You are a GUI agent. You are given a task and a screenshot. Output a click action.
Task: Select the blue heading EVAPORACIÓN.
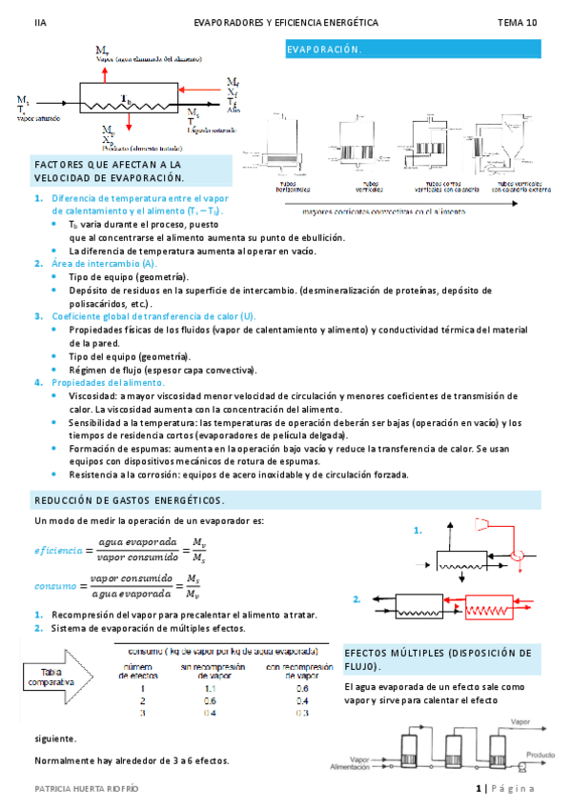324,49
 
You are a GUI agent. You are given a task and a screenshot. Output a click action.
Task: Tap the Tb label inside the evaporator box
125,98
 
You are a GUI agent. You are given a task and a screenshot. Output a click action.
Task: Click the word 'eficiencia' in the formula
58,551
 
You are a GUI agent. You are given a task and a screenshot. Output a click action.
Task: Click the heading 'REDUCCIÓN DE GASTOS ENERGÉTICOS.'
130,501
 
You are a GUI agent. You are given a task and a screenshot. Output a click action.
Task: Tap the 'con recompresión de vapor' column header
301,670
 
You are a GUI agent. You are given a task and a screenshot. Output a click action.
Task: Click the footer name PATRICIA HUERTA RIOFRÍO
87,789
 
